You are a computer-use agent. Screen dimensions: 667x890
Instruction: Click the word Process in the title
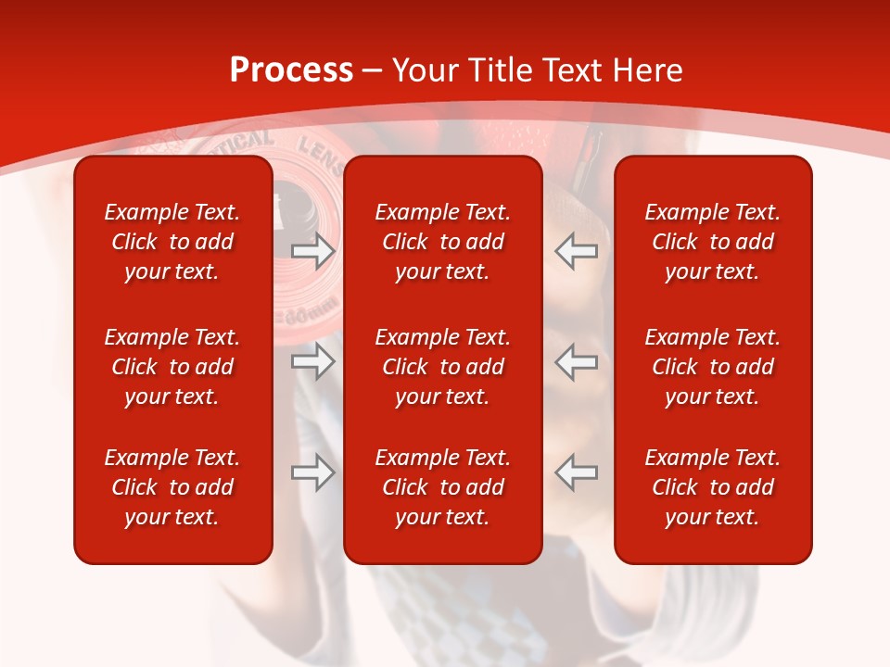pyautogui.click(x=291, y=70)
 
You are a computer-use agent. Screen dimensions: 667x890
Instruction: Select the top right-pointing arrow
pyautogui.click(x=312, y=250)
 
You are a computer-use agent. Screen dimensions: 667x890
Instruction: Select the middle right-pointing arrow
pyautogui.click(x=312, y=361)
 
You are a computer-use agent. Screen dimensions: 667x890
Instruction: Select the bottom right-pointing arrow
pyautogui.click(x=312, y=472)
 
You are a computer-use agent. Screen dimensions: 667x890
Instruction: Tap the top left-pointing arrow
pyautogui.click(x=577, y=250)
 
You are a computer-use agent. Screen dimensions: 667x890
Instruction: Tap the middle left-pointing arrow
pyautogui.click(x=577, y=361)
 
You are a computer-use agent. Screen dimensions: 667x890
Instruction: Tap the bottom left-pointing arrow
pyautogui.click(x=577, y=472)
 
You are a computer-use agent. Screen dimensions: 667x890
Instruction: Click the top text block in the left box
pyautogui.click(x=172, y=242)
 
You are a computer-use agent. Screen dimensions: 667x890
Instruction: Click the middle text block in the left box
pyautogui.click(x=172, y=367)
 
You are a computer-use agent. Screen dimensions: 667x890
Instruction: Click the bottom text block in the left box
pyautogui.click(x=172, y=487)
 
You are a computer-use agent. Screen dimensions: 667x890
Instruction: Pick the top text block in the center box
pyautogui.click(x=442, y=242)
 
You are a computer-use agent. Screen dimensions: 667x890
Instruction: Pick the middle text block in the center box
pyautogui.click(x=442, y=367)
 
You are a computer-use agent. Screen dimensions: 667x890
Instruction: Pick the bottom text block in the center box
pyautogui.click(x=442, y=487)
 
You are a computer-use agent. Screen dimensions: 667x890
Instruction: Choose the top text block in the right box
pyautogui.click(x=712, y=242)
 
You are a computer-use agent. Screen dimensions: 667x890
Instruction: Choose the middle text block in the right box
pyautogui.click(x=712, y=367)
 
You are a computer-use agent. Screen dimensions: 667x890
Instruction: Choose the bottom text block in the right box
pyautogui.click(x=712, y=487)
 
